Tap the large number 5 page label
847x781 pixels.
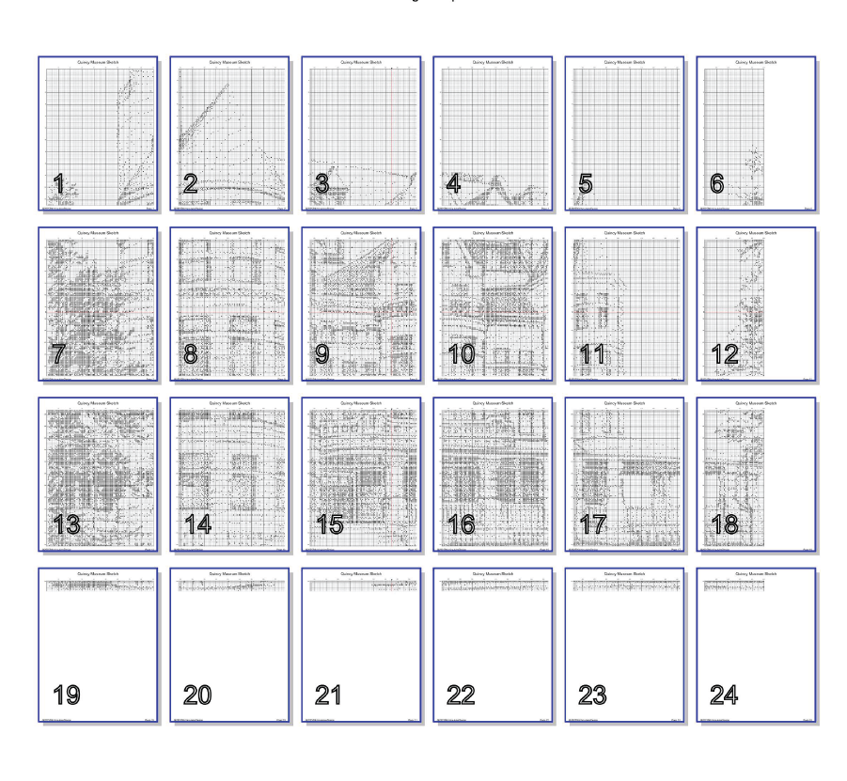tap(585, 185)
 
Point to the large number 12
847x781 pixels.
tap(725, 355)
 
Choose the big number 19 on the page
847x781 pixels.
tap(67, 695)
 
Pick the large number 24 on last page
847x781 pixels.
tap(725, 695)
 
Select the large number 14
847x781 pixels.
tap(198, 525)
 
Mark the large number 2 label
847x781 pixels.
tap(190, 185)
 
